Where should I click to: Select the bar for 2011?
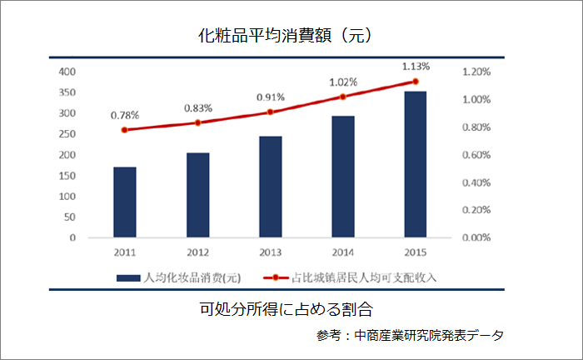coord(125,202)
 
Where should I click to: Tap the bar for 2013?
coord(270,187)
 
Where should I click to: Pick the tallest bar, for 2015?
coord(415,165)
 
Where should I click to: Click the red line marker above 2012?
coord(197,122)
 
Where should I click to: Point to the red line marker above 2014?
coord(342,97)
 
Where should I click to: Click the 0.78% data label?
coord(125,114)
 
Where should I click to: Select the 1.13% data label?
coord(416,66)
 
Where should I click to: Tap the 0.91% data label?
coord(270,96)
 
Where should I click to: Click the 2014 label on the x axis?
coord(342,251)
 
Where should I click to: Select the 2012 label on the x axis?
coord(197,251)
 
